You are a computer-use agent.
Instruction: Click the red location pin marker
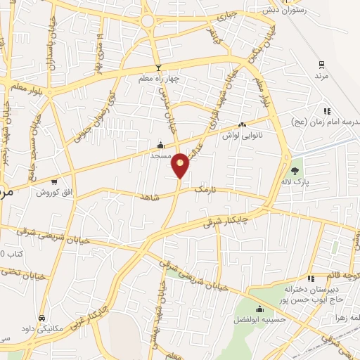click(181, 165)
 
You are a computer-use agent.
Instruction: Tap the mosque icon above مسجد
click(160, 146)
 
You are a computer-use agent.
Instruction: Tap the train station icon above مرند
click(321, 63)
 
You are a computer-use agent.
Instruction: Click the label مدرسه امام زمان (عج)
click(326, 122)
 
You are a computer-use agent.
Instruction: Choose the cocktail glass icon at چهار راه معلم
click(159, 67)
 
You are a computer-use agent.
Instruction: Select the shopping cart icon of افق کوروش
click(54, 182)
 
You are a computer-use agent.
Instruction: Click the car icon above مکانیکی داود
click(42, 318)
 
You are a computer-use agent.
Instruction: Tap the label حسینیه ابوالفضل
click(259, 319)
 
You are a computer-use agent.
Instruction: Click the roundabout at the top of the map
click(148, 21)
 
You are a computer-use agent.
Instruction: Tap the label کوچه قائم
click(343, 276)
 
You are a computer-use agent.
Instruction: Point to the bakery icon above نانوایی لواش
click(243, 124)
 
